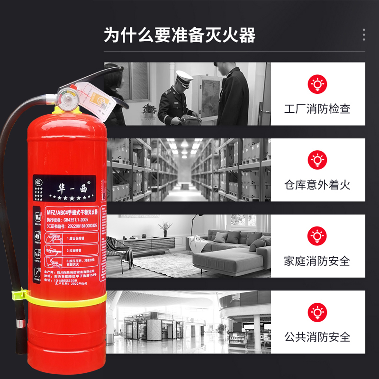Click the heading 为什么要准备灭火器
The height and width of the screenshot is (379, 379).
[x=180, y=35]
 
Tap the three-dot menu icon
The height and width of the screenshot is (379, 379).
[x=364, y=35]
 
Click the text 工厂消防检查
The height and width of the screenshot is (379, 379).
[x=317, y=108]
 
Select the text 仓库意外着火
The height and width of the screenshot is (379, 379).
[x=317, y=184]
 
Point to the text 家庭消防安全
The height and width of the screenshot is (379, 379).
[x=317, y=261]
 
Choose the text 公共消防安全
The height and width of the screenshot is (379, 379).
[x=317, y=337]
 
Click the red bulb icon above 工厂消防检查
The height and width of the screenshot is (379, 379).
[x=317, y=84]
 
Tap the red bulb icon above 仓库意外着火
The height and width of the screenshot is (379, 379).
[x=317, y=160]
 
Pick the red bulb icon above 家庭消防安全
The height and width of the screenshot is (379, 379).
[x=317, y=236]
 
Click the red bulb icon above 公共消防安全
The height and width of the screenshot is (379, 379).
[x=317, y=313]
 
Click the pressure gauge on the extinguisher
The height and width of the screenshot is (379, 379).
[x=67, y=100]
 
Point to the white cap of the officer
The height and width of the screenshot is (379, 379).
[x=184, y=76]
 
